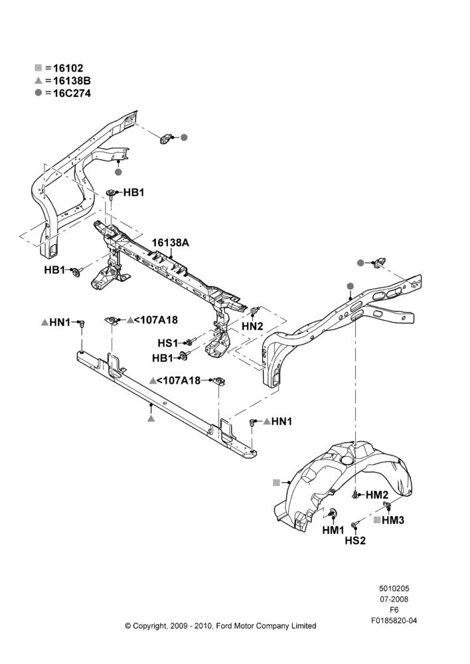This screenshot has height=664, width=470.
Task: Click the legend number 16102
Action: (x=68, y=68)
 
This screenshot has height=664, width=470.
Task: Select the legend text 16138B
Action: (x=72, y=80)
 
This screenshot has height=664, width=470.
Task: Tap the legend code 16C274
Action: (x=72, y=93)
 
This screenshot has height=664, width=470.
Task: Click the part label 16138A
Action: (x=170, y=242)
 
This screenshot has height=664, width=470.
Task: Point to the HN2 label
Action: (x=252, y=326)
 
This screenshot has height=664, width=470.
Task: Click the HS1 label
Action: (x=168, y=343)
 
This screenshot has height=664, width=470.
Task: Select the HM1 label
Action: (x=333, y=530)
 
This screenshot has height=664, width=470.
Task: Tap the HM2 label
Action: (x=377, y=495)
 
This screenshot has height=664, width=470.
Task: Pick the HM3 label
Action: (x=393, y=520)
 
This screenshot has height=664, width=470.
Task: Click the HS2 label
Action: (x=355, y=540)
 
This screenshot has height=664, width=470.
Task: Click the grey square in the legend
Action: (x=38, y=68)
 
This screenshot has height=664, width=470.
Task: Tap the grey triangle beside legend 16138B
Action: (x=38, y=80)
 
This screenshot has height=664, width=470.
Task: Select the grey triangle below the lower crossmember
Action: (x=151, y=418)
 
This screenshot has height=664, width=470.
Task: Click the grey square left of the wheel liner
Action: (x=276, y=482)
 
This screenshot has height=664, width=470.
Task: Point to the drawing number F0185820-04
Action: (x=394, y=621)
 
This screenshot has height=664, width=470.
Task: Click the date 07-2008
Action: (x=394, y=599)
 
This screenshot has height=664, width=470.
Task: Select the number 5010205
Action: (x=394, y=588)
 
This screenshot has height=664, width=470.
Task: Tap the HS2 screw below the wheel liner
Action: (x=354, y=525)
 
